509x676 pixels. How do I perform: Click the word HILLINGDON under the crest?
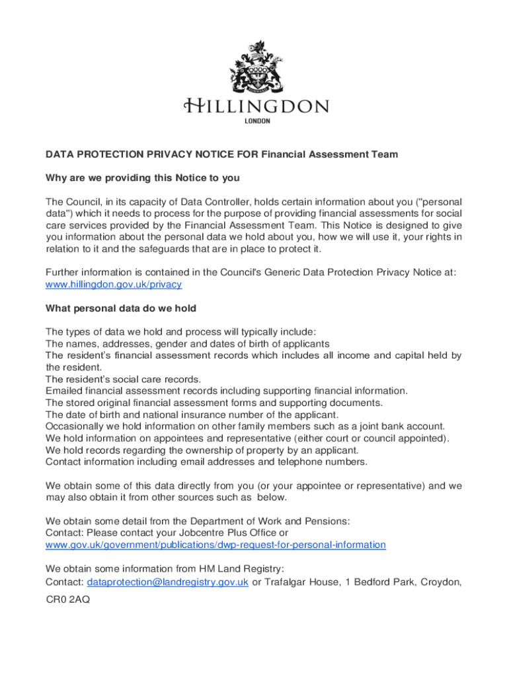tap(256, 107)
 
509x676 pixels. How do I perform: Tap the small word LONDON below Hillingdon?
tap(258, 121)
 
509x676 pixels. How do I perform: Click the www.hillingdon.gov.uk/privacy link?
tap(114, 285)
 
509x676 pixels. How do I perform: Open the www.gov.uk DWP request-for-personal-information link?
tap(215, 545)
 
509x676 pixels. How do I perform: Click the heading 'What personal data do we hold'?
tap(121, 308)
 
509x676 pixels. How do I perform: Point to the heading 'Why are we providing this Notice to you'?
tap(142, 178)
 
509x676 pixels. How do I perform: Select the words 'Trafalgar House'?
tap(299, 582)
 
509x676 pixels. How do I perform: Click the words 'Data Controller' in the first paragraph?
tap(214, 201)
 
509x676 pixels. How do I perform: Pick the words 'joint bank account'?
tap(402, 426)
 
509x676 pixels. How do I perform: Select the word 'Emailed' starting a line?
tap(65, 391)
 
